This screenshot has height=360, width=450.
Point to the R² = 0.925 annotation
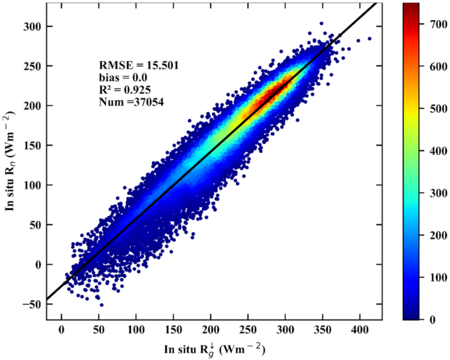tap(125, 90)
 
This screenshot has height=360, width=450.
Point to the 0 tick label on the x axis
tap(61, 331)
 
